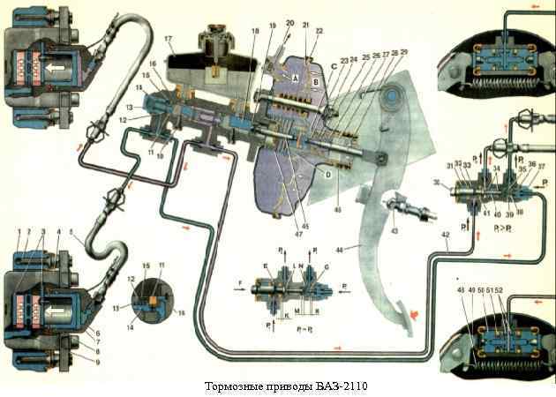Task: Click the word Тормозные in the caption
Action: tap(231, 386)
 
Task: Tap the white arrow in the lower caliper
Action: tap(52, 311)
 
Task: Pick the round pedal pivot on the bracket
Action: tap(380, 159)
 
